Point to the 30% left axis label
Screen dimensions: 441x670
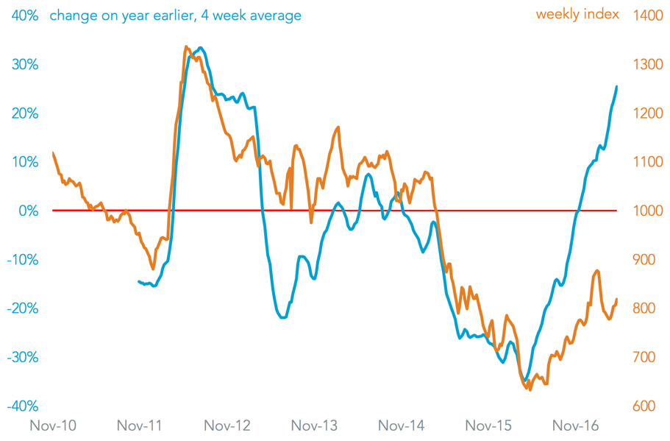[25, 64]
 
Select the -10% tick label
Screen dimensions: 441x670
[23, 260]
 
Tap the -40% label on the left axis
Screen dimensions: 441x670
[23, 406]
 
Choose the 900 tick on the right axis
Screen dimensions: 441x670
[645, 260]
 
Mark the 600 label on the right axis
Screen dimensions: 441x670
[645, 406]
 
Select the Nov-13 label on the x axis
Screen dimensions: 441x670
[314, 426]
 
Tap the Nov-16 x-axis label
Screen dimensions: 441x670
[576, 426]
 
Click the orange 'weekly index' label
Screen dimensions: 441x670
[577, 14]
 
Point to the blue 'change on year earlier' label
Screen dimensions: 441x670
[176, 15]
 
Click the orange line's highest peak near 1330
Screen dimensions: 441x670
[185, 46]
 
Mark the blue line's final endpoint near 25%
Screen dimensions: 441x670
[616, 87]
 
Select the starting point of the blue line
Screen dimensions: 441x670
[139, 281]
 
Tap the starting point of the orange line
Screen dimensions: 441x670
[53, 152]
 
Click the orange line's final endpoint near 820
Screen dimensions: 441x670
[616, 299]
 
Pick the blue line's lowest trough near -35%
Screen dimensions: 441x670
[525, 380]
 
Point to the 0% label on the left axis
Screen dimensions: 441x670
[28, 211]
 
